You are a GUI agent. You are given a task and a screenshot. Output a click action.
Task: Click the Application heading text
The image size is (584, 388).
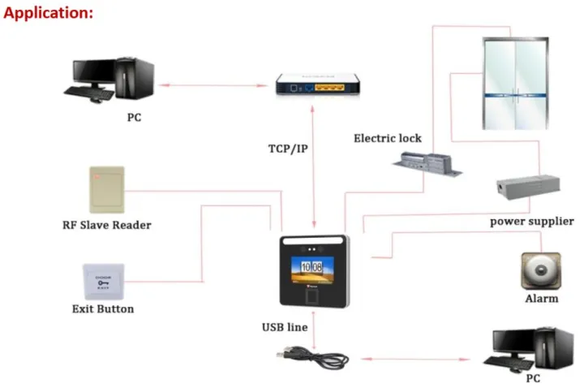click(49, 13)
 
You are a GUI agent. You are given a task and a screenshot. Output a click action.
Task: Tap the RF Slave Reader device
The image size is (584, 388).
click(106, 190)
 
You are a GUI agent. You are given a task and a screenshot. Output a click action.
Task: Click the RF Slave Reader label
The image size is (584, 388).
click(106, 225)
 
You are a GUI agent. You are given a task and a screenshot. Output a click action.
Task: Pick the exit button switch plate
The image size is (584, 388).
click(103, 281)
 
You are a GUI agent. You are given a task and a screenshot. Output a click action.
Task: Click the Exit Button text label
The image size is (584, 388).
click(103, 308)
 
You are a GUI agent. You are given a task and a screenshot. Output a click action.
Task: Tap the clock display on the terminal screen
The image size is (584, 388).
click(312, 266)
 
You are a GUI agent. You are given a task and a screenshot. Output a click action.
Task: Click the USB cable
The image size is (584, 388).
click(312, 356)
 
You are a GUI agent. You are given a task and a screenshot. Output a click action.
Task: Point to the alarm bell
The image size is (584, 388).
click(539, 271)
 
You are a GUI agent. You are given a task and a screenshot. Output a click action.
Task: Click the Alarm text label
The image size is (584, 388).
click(541, 299)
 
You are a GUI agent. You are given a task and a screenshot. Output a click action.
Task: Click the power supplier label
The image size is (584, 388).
click(526, 221)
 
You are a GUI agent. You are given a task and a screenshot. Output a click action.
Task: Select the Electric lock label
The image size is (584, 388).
click(387, 138)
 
